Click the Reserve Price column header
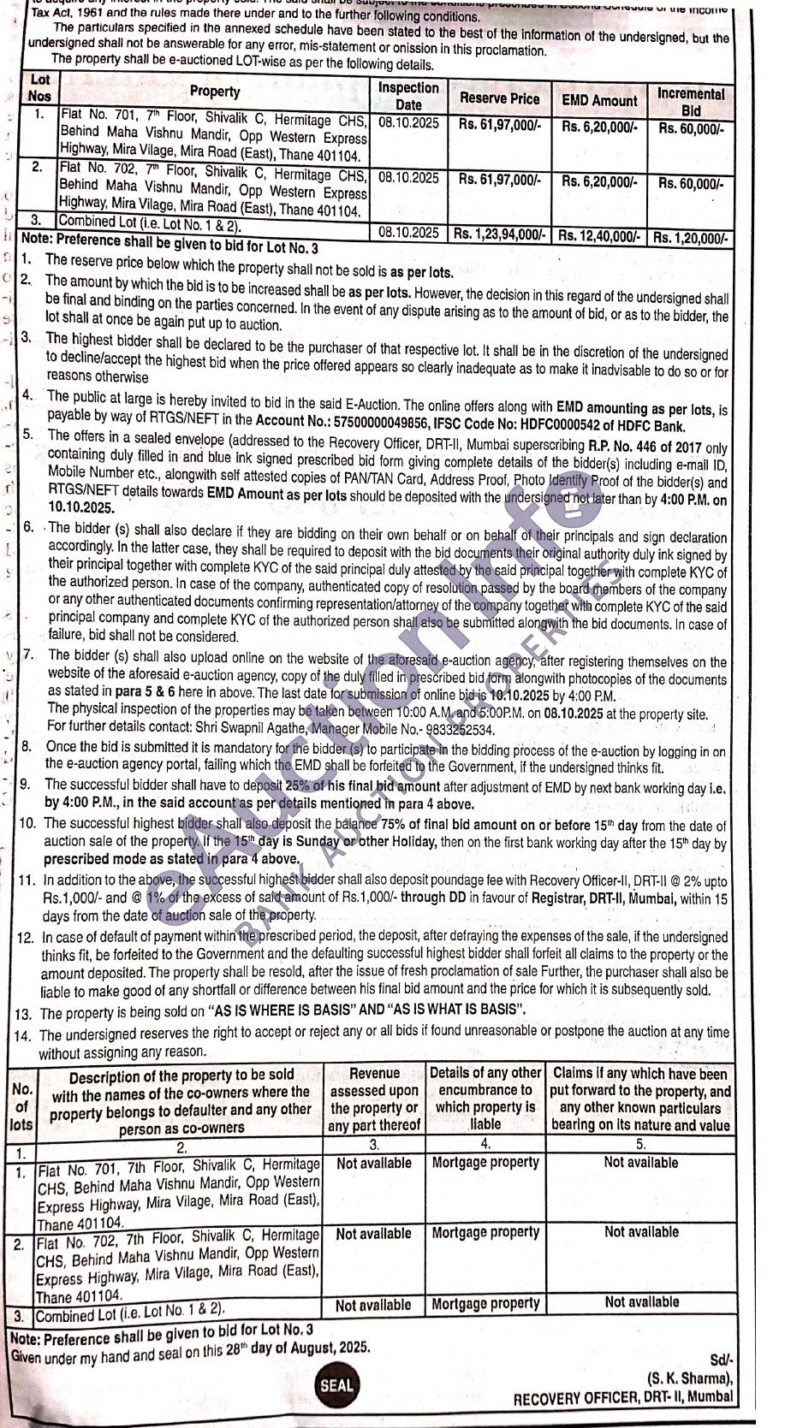[x=499, y=98]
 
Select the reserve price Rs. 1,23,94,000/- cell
[x=499, y=234]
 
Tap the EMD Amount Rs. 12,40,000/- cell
[x=599, y=235]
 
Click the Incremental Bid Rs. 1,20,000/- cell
[x=691, y=237]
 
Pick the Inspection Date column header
[x=408, y=96]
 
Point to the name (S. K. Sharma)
[x=690, y=1378]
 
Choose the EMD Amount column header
[x=599, y=100]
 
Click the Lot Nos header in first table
[x=39, y=88]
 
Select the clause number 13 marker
[x=24, y=1014]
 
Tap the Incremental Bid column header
[x=691, y=102]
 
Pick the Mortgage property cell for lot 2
[x=485, y=1233]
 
